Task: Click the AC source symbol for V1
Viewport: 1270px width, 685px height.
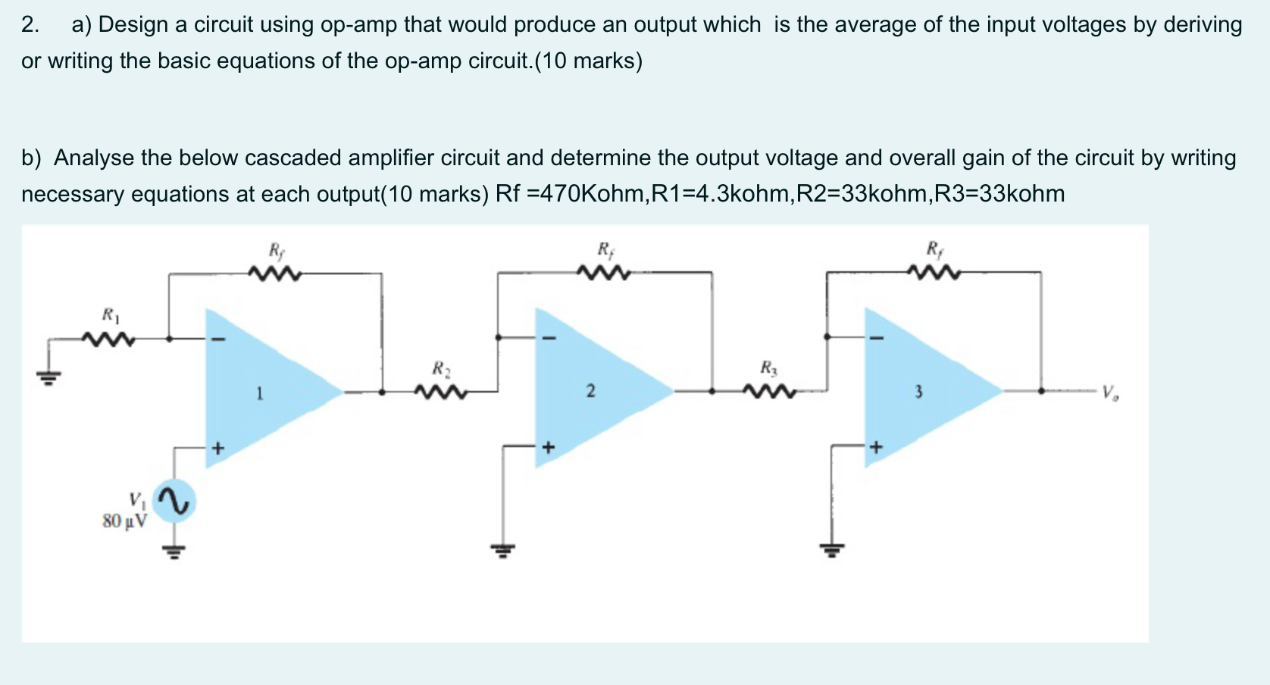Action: click(x=174, y=502)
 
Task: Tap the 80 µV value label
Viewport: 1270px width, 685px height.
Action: click(x=125, y=521)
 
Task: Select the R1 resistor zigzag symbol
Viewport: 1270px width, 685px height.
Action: click(x=109, y=339)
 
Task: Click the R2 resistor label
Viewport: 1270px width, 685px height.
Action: click(x=441, y=369)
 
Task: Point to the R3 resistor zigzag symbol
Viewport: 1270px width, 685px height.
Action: click(x=769, y=392)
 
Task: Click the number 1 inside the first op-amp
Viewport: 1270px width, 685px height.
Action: click(x=259, y=393)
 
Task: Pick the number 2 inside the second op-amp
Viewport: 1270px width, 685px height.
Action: click(x=590, y=391)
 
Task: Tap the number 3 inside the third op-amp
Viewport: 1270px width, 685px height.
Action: click(x=918, y=392)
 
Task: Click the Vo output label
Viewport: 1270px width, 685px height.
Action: click(x=1110, y=393)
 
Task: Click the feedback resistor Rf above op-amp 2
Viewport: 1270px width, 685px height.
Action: click(x=604, y=272)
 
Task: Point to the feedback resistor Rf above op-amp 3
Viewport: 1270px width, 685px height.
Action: click(x=933, y=272)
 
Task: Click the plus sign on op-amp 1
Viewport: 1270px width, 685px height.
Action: click(x=218, y=449)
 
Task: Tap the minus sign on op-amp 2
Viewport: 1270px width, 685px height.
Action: click(x=549, y=338)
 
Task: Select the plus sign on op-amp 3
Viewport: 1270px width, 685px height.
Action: click(x=876, y=448)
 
